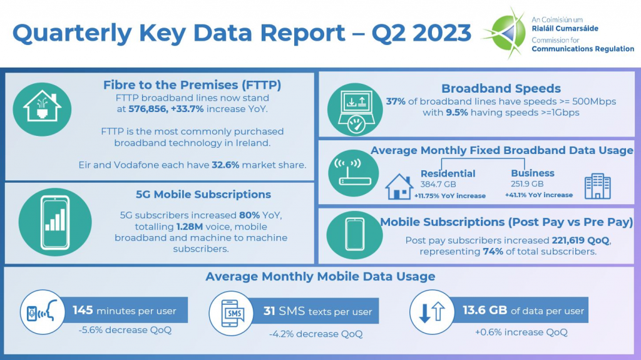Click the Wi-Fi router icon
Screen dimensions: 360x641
(354, 174)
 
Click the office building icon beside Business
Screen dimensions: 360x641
(597, 186)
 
